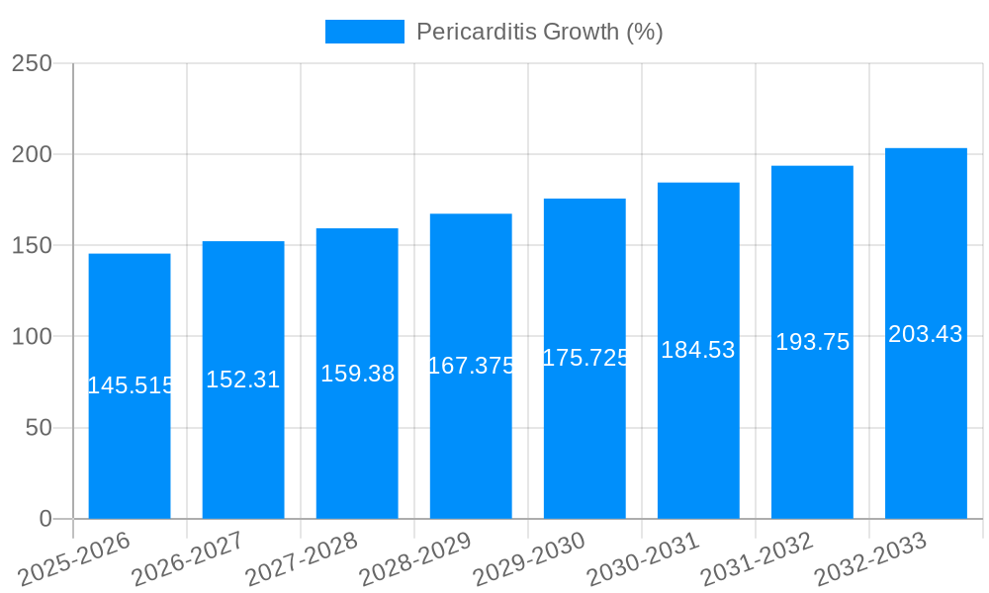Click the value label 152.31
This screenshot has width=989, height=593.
point(243,380)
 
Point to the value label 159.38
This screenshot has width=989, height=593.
point(357,374)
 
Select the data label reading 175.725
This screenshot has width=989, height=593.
point(585,358)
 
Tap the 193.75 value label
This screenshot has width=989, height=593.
point(812,342)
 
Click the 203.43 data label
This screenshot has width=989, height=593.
point(926,334)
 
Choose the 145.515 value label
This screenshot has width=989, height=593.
point(131,385)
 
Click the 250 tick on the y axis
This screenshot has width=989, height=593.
point(32,63)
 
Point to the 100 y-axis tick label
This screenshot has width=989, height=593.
point(32,337)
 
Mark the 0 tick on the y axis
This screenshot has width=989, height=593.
point(45,519)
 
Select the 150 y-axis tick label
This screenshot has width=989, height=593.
point(32,246)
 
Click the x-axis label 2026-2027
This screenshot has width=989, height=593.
point(188,559)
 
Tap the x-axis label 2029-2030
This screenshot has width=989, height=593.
point(529,559)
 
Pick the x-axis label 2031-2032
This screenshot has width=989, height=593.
point(757,559)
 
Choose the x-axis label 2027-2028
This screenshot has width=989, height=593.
point(302,559)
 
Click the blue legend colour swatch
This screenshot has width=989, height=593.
point(364,32)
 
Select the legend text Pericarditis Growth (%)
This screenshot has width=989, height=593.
point(539,32)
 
